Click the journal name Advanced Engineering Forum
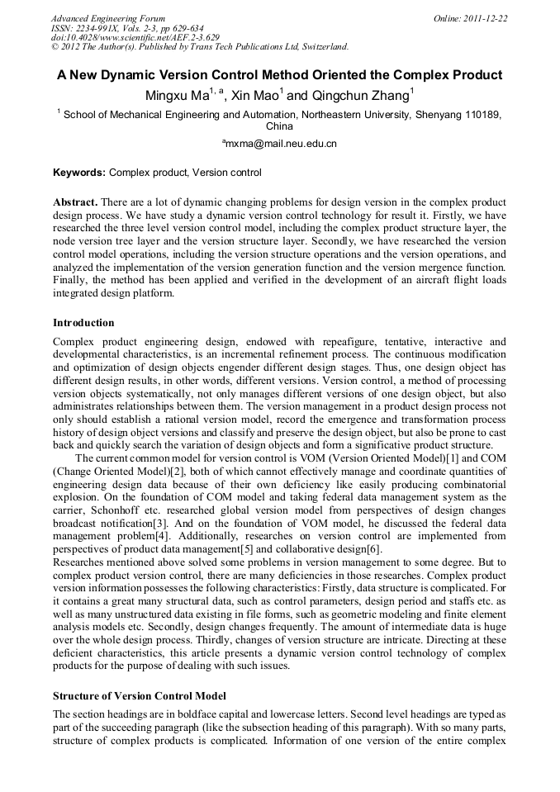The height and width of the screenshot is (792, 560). coord(107,18)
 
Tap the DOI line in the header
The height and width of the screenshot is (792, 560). coord(135,37)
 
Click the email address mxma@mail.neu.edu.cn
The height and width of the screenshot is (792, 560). coord(281,144)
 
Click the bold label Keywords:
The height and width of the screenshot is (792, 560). coord(79,173)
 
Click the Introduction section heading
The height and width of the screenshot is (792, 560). coord(83,322)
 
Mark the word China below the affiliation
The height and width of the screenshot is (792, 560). coord(279,126)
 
